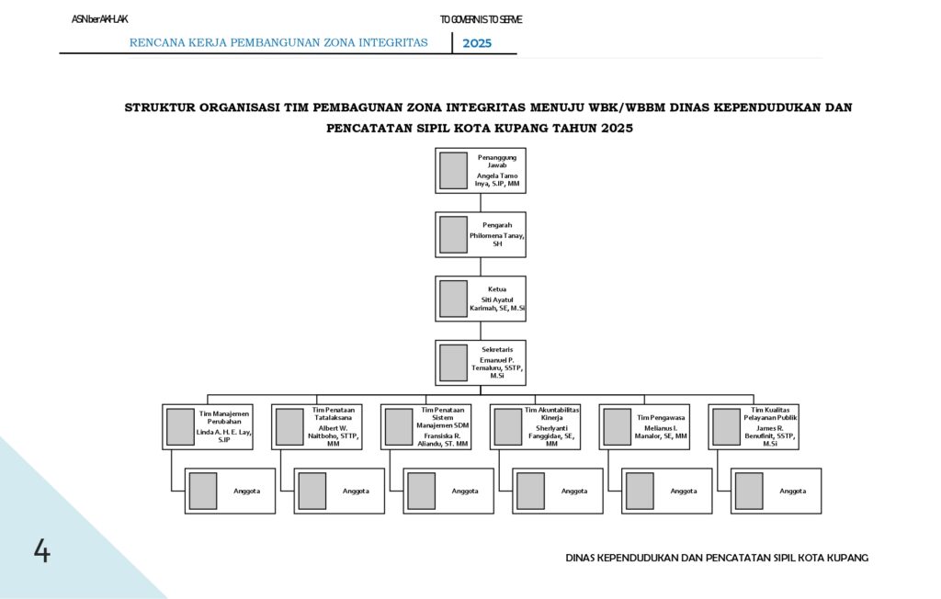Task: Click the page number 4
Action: [42, 551]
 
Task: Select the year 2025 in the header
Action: [477, 43]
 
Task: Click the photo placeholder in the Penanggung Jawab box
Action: [453, 170]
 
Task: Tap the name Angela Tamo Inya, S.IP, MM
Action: [496, 179]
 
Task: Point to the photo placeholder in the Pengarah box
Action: [453, 234]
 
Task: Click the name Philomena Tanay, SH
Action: [497, 240]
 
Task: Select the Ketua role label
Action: [497, 289]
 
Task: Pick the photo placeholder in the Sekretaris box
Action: [453, 362]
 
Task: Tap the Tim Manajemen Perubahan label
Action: [224, 417]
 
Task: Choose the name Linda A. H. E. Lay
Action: [224, 435]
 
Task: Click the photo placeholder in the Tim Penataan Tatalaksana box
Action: [289, 426]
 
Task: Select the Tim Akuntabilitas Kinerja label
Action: [552, 413]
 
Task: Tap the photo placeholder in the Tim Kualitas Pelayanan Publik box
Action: [726, 426]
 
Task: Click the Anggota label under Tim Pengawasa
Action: [683, 491]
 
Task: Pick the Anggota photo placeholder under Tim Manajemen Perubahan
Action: [202, 491]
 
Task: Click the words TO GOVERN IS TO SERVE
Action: [481, 19]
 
